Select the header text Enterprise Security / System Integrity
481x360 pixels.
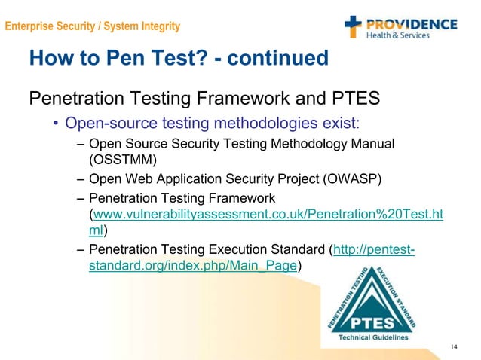93,27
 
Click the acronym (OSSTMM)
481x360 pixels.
122,159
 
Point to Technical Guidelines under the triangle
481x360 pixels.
373,337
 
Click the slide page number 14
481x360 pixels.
454,347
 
